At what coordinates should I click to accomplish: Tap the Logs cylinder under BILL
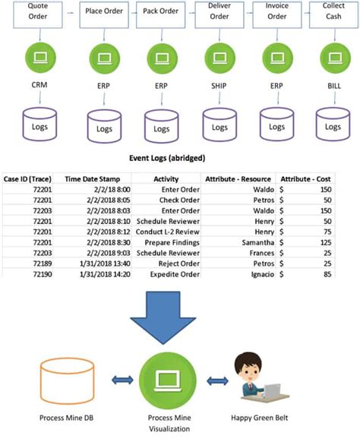332,125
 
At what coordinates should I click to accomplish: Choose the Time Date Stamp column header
93,179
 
